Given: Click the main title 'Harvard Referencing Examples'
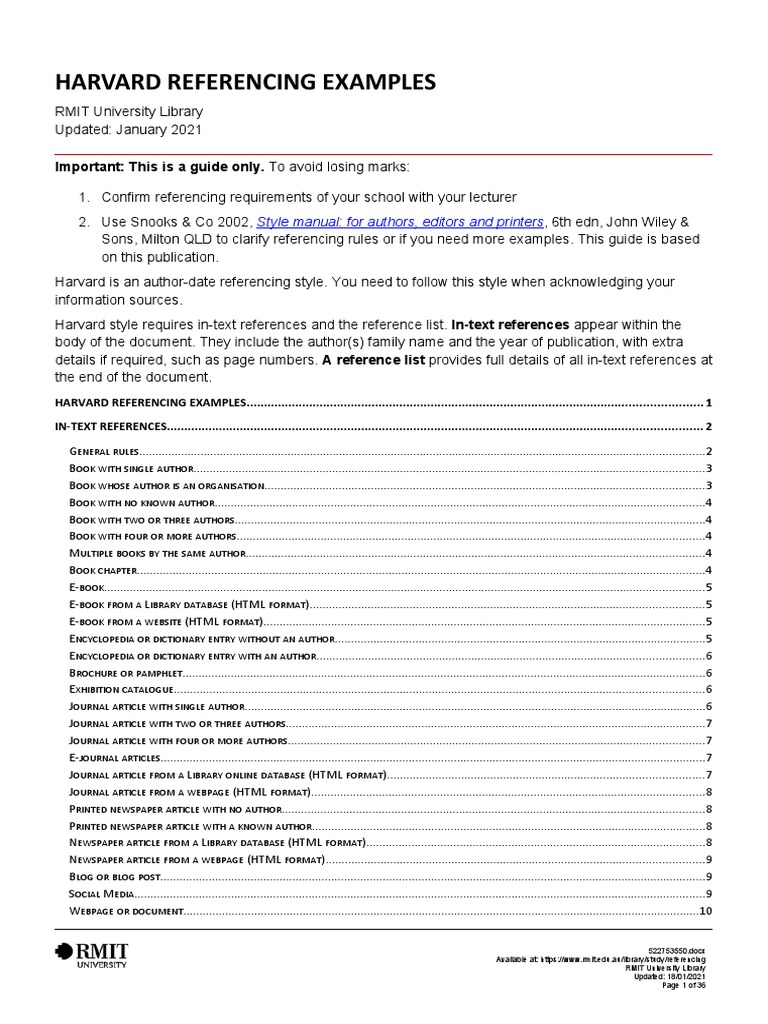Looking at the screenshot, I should tap(245, 82).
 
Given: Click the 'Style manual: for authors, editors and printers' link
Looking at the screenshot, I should tap(401, 221).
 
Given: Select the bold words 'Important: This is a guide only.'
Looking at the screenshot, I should tap(159, 165).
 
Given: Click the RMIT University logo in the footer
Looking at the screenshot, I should tap(92, 954).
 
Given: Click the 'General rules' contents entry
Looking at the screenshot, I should tap(104, 452).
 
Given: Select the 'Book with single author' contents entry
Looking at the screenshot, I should tap(129, 469).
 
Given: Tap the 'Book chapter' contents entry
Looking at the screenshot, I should tap(102, 570).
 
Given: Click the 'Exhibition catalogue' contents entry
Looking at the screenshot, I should tap(122, 690).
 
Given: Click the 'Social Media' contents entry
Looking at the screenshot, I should tap(100, 894).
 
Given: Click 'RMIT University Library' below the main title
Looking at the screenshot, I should tap(128, 112).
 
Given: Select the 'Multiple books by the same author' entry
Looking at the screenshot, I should tap(156, 553).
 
